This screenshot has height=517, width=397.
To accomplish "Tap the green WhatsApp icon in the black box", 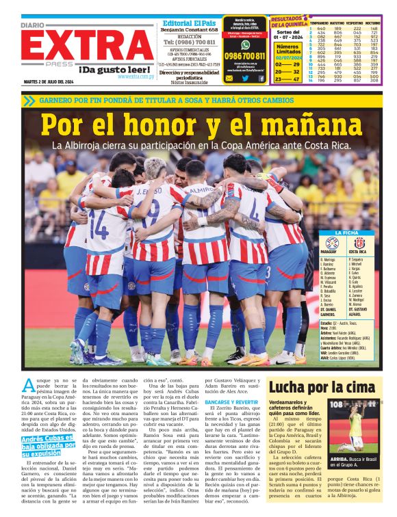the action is coord(245,44).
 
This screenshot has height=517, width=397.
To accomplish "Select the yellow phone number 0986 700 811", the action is coord(245,56).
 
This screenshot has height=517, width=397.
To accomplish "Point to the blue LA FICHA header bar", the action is coord(347,233).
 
